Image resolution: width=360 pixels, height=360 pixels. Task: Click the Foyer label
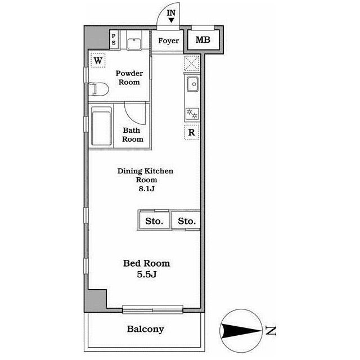pyautogui.click(x=169, y=41)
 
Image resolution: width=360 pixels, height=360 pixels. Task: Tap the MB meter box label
pyautogui.click(x=202, y=40)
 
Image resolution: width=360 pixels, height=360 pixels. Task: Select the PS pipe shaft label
pyautogui.click(x=114, y=39)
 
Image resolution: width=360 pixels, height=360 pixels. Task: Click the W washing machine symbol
pyautogui.click(x=98, y=60)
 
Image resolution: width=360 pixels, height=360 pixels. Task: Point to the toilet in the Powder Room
pyautogui.click(x=98, y=89)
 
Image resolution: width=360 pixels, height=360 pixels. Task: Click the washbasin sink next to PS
pyautogui.click(x=134, y=44)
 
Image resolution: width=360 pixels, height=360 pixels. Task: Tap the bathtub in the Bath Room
pyautogui.click(x=101, y=126)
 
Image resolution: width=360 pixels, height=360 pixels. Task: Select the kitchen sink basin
pyautogui.click(x=192, y=84)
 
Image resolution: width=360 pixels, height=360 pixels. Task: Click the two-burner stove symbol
pyautogui.click(x=192, y=114)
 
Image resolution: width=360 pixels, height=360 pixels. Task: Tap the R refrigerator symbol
pyautogui.click(x=191, y=132)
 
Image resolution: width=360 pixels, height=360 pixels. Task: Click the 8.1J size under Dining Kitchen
pyautogui.click(x=146, y=189)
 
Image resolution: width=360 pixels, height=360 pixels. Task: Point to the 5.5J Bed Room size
pyautogui.click(x=146, y=274)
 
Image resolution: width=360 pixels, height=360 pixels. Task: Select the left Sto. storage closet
pyautogui.click(x=154, y=220)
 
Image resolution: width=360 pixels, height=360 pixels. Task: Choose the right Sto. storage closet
pyautogui.click(x=186, y=220)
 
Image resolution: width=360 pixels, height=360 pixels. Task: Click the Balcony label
pyautogui.click(x=146, y=329)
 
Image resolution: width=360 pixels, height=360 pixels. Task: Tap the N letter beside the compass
pyautogui.click(x=271, y=331)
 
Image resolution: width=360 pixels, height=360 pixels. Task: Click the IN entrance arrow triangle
pyautogui.click(x=171, y=20)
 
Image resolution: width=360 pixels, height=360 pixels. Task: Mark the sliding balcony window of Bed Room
pyautogui.click(x=152, y=309)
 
